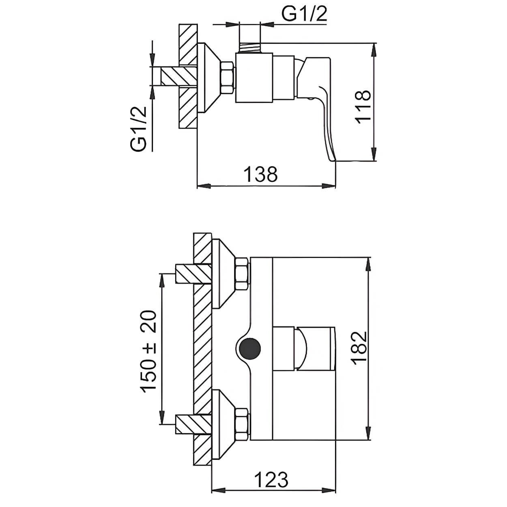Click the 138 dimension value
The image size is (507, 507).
point(260,174)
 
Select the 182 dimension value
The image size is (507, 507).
point(359,348)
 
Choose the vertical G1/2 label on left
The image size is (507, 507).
point(138,129)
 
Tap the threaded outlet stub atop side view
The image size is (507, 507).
point(250,47)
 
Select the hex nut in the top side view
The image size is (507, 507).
point(228,78)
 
